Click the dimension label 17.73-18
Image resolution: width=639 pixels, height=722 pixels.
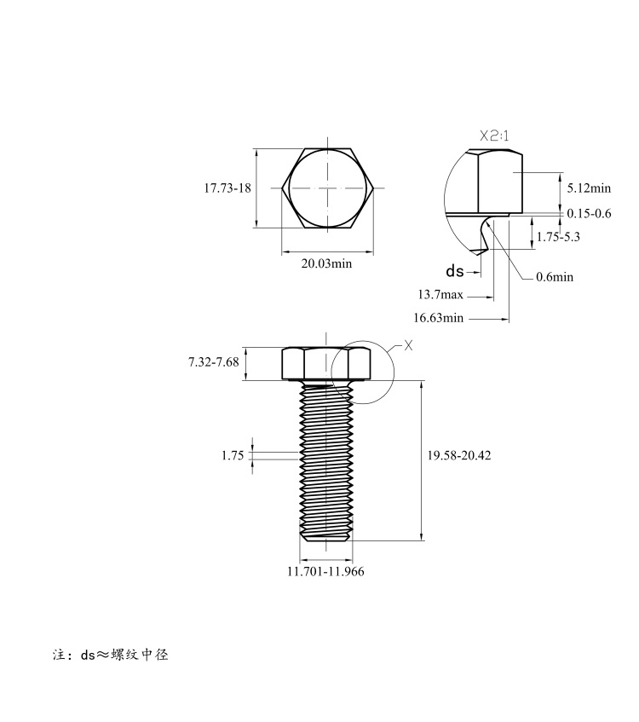pyautogui.click(x=227, y=188)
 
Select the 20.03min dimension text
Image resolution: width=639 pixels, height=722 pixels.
pyautogui.click(x=326, y=263)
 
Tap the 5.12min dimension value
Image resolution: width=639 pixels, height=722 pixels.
pyautogui.click(x=589, y=188)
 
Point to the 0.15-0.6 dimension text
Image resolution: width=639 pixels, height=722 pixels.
pyautogui.click(x=589, y=213)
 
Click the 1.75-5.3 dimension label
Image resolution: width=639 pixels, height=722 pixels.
pyautogui.click(x=558, y=237)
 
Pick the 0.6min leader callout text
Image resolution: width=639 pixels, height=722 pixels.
pyautogui.click(x=555, y=277)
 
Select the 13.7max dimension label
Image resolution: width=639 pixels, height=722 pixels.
pyautogui.click(x=440, y=294)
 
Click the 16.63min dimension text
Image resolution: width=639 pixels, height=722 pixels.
pyautogui.click(x=438, y=318)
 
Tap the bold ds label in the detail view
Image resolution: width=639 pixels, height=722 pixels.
pyautogui.click(x=455, y=271)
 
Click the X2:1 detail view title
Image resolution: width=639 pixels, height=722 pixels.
pyautogui.click(x=494, y=136)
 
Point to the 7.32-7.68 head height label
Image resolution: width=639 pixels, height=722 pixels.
pyautogui.click(x=214, y=362)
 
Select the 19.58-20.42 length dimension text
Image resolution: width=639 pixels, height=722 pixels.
pyautogui.click(x=459, y=455)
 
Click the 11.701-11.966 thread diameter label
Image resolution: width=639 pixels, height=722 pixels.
pyautogui.click(x=325, y=571)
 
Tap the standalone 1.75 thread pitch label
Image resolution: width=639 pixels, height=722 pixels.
pyautogui.click(x=233, y=455)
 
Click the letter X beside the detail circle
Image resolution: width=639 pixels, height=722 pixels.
pyautogui.click(x=408, y=345)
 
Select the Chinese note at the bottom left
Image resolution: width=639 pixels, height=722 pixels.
pyautogui.click(x=111, y=655)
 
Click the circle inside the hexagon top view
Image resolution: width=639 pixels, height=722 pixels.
pyautogui.click(x=327, y=188)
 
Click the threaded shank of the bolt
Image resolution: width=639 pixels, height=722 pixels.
pyautogui.click(x=326, y=461)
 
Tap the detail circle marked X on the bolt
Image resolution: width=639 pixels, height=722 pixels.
pyautogui.click(x=363, y=373)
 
